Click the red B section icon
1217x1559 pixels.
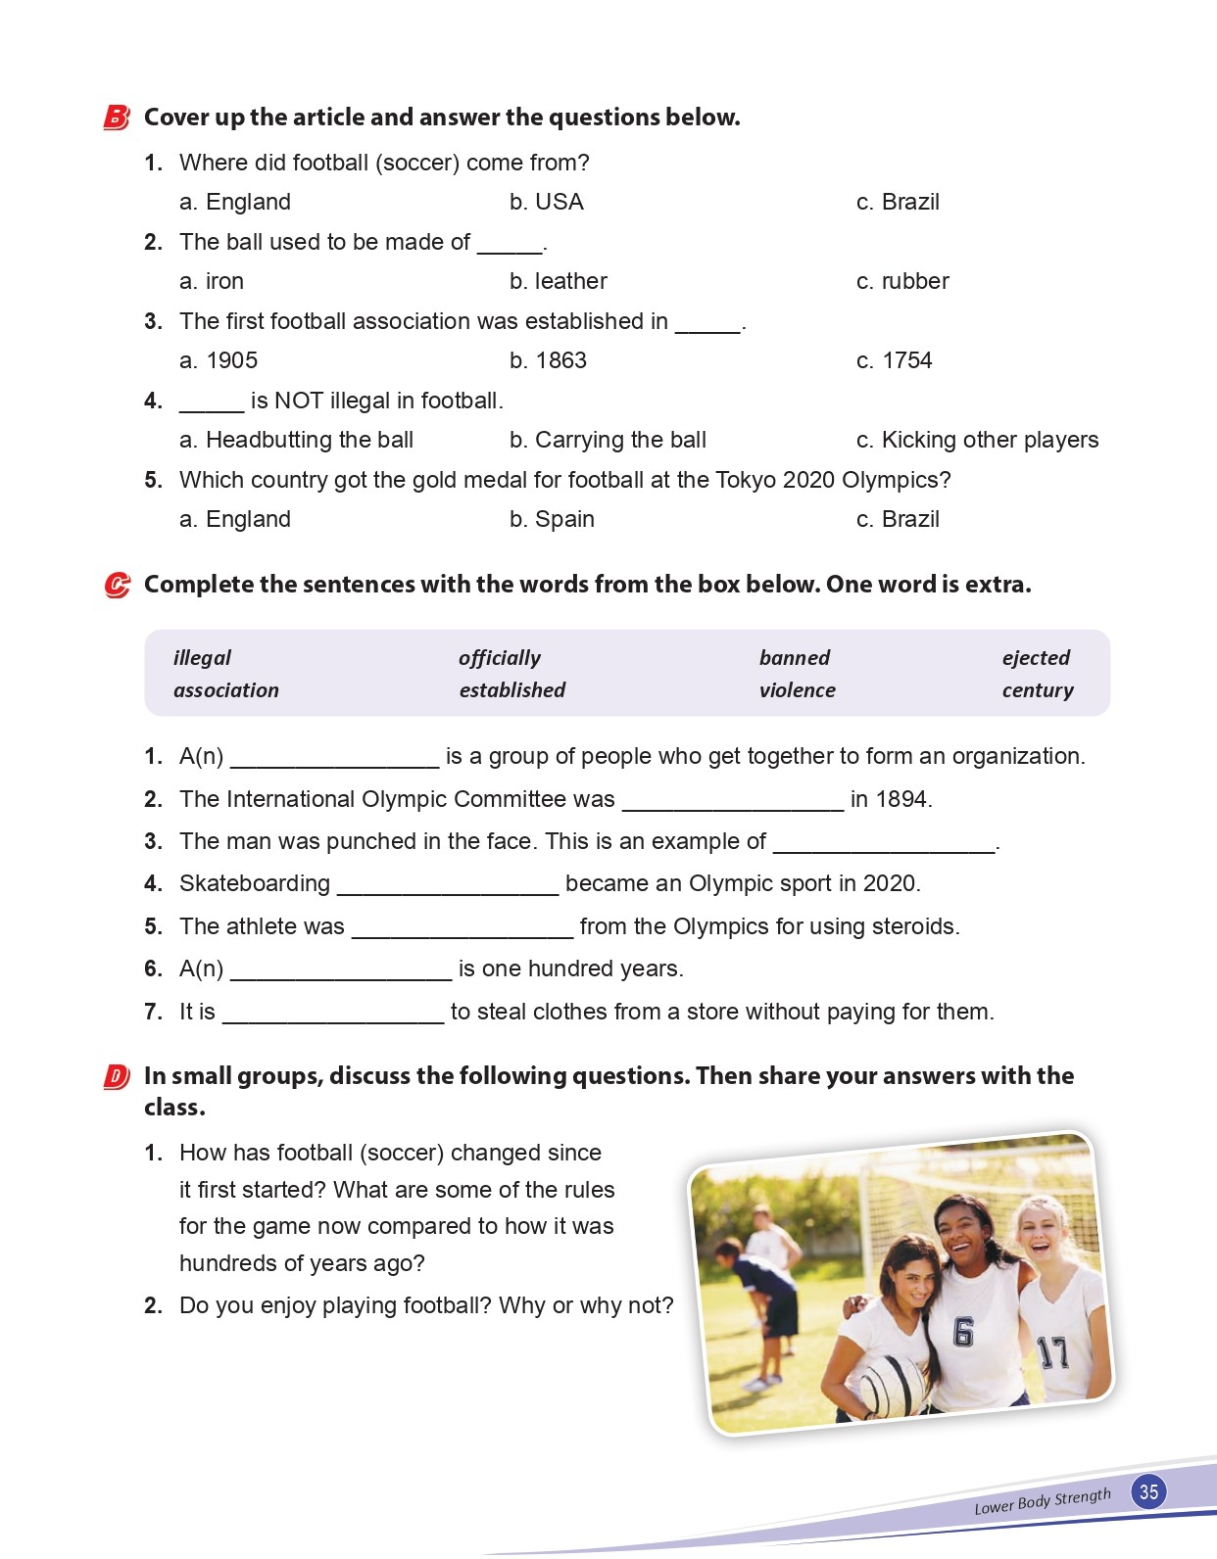tap(116, 118)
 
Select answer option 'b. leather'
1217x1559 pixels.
tap(558, 281)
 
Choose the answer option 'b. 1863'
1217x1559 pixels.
tap(548, 360)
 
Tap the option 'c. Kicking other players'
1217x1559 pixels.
tap(977, 440)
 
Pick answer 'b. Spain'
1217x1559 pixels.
tap(552, 519)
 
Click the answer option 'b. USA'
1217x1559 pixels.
tap(546, 202)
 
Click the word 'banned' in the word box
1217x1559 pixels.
tap(794, 657)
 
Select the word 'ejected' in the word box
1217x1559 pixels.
tap(1036, 657)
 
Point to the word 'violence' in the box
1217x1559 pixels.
tap(797, 689)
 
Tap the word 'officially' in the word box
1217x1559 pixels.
tap(499, 657)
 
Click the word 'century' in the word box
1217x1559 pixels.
tap(1038, 689)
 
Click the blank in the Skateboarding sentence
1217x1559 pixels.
tap(448, 885)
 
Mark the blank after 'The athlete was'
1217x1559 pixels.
tap(462, 927)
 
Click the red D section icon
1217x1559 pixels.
tap(116, 1077)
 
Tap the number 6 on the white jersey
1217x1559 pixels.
tap(963, 1332)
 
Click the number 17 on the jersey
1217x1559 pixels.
tap(1052, 1352)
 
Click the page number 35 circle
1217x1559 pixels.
tap(1148, 1491)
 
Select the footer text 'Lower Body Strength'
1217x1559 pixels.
tap(1043, 1500)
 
